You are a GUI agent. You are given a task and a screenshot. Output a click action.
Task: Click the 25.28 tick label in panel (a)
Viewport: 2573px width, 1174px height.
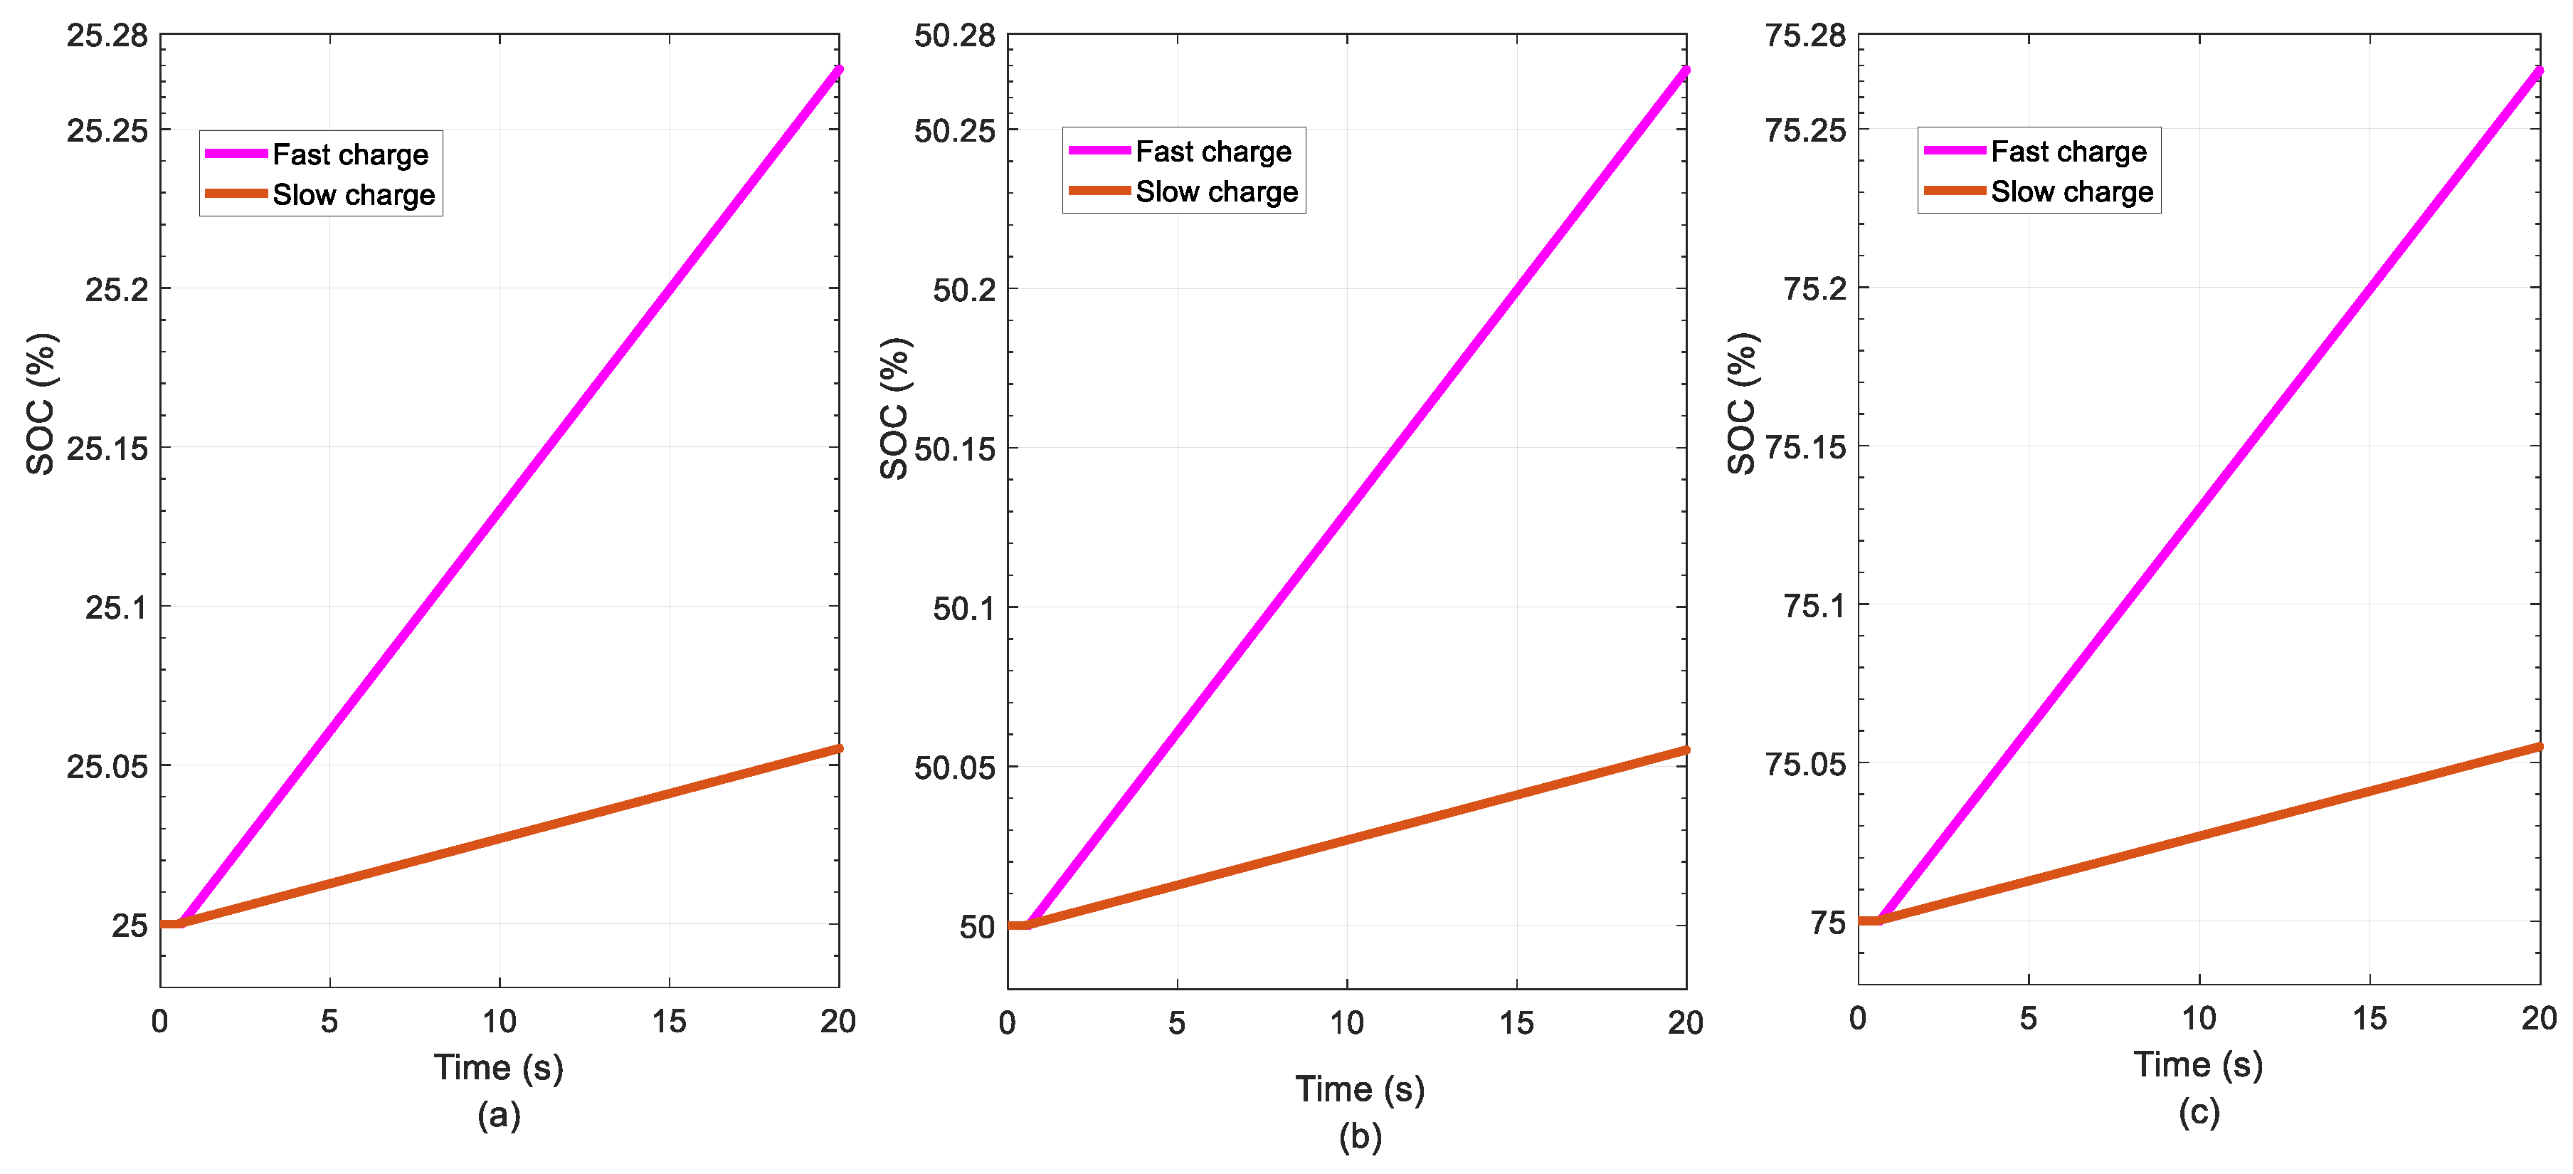pyautogui.click(x=107, y=36)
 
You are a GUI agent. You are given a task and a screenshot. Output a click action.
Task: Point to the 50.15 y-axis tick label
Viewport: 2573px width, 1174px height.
pyautogui.click(x=954, y=450)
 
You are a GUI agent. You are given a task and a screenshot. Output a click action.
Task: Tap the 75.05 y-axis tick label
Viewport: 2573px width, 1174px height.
pyautogui.click(x=1805, y=765)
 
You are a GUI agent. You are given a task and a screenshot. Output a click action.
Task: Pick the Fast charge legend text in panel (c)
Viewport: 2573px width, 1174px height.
pyautogui.click(x=2068, y=152)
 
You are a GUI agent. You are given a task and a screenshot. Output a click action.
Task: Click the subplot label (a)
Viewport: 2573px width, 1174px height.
pyautogui.click(x=498, y=1114)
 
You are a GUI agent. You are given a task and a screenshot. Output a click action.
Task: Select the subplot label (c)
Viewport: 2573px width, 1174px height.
pyautogui.click(x=2199, y=1111)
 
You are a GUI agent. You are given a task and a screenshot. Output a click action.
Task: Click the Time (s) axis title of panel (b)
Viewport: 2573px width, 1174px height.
pyautogui.click(x=1359, y=1088)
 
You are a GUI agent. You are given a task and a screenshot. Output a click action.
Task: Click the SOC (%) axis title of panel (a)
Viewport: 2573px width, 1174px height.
pyautogui.click(x=41, y=404)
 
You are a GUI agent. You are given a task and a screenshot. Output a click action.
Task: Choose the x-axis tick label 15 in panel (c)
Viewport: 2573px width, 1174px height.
pyautogui.click(x=2368, y=1019)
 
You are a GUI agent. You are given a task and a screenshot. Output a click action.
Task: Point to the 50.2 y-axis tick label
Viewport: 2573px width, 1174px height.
pyautogui.click(x=963, y=290)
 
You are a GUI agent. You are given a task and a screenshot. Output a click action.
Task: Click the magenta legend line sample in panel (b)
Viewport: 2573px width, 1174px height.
pyautogui.click(x=1098, y=151)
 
